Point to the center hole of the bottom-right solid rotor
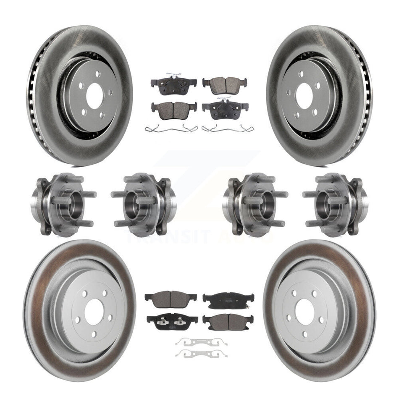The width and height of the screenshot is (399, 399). tap(305, 312)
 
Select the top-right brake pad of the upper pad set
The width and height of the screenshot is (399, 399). tap(225, 84)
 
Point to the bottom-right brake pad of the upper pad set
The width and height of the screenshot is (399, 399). tap(225, 110)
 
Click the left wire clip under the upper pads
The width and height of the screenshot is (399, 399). tap(171, 129)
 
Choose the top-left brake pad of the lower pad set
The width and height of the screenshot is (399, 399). tap(171, 298)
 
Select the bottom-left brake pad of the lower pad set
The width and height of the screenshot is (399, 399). tap(172, 321)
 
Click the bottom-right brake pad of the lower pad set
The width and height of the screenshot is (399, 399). tap(228, 322)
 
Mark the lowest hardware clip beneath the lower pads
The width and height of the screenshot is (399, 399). tap(202, 353)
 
